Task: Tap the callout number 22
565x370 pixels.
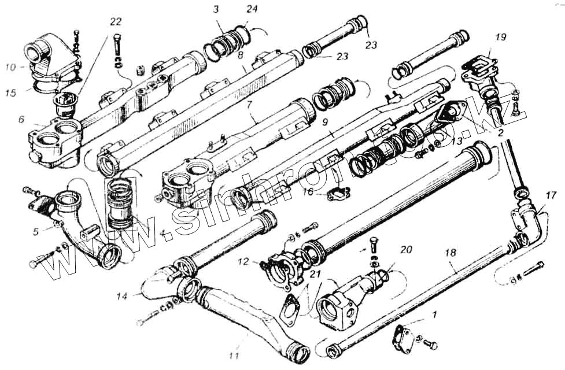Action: (x=116, y=22)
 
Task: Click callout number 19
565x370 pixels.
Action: (x=501, y=37)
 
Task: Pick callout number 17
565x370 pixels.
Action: (x=551, y=195)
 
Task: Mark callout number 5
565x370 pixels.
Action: (x=36, y=232)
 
